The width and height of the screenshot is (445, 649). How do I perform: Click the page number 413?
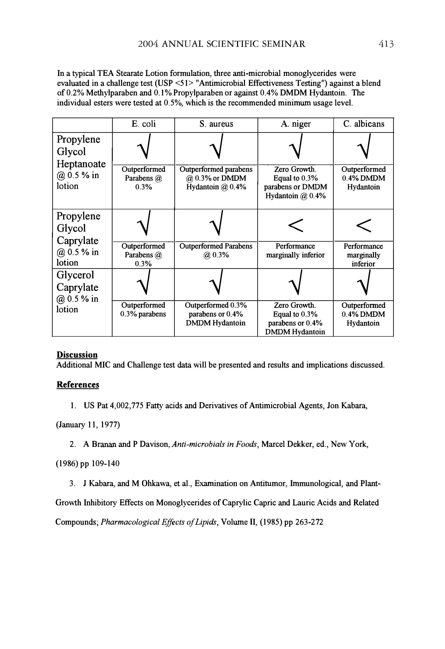click(386, 44)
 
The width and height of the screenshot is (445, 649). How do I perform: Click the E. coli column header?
click(143, 124)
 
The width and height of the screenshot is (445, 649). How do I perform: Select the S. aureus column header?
click(216, 124)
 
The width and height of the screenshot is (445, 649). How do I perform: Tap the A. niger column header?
click(296, 124)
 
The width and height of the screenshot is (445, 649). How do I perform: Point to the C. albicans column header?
click(363, 124)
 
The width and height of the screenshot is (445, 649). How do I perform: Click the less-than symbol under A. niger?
click(296, 225)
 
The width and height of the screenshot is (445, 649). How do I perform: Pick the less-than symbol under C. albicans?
click(364, 225)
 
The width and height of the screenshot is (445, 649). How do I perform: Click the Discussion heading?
click(77, 355)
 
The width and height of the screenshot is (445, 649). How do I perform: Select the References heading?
click(78, 385)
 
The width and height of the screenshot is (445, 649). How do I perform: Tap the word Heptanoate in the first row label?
click(81, 164)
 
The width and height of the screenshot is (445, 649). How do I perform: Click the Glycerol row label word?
click(75, 275)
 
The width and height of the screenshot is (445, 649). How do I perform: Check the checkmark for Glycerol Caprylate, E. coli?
click(144, 283)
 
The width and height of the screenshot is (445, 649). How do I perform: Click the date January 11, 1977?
click(88, 425)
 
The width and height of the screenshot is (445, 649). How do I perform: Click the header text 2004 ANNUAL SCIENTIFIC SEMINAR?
click(222, 44)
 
